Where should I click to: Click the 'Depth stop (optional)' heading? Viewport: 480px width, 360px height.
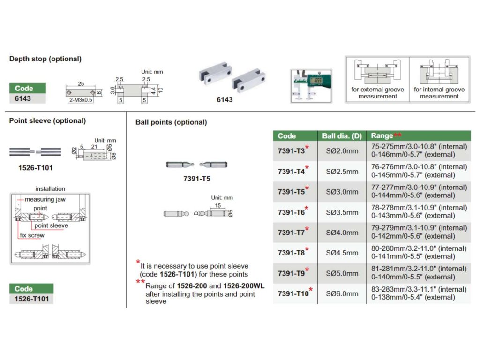[45, 59]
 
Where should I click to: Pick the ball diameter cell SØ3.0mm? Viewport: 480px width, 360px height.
[342, 192]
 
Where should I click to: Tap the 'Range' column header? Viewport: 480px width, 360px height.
[382, 136]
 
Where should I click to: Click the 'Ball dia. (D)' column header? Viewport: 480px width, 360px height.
[342, 136]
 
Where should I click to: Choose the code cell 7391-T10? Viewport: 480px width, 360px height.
[293, 294]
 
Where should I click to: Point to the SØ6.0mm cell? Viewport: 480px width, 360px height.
[342, 294]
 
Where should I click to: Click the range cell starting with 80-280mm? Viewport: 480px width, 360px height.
[419, 253]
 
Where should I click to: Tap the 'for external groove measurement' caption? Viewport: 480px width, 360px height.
[377, 93]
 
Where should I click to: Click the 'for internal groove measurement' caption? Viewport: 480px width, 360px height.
[439, 93]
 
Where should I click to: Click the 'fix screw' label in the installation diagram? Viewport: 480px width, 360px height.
[32, 235]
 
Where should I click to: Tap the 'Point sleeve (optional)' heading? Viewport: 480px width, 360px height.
[47, 121]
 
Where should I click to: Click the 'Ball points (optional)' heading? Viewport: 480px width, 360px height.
[171, 122]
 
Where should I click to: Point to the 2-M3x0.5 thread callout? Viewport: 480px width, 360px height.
[81, 99]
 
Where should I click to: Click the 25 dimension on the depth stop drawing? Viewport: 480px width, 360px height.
[81, 83]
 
